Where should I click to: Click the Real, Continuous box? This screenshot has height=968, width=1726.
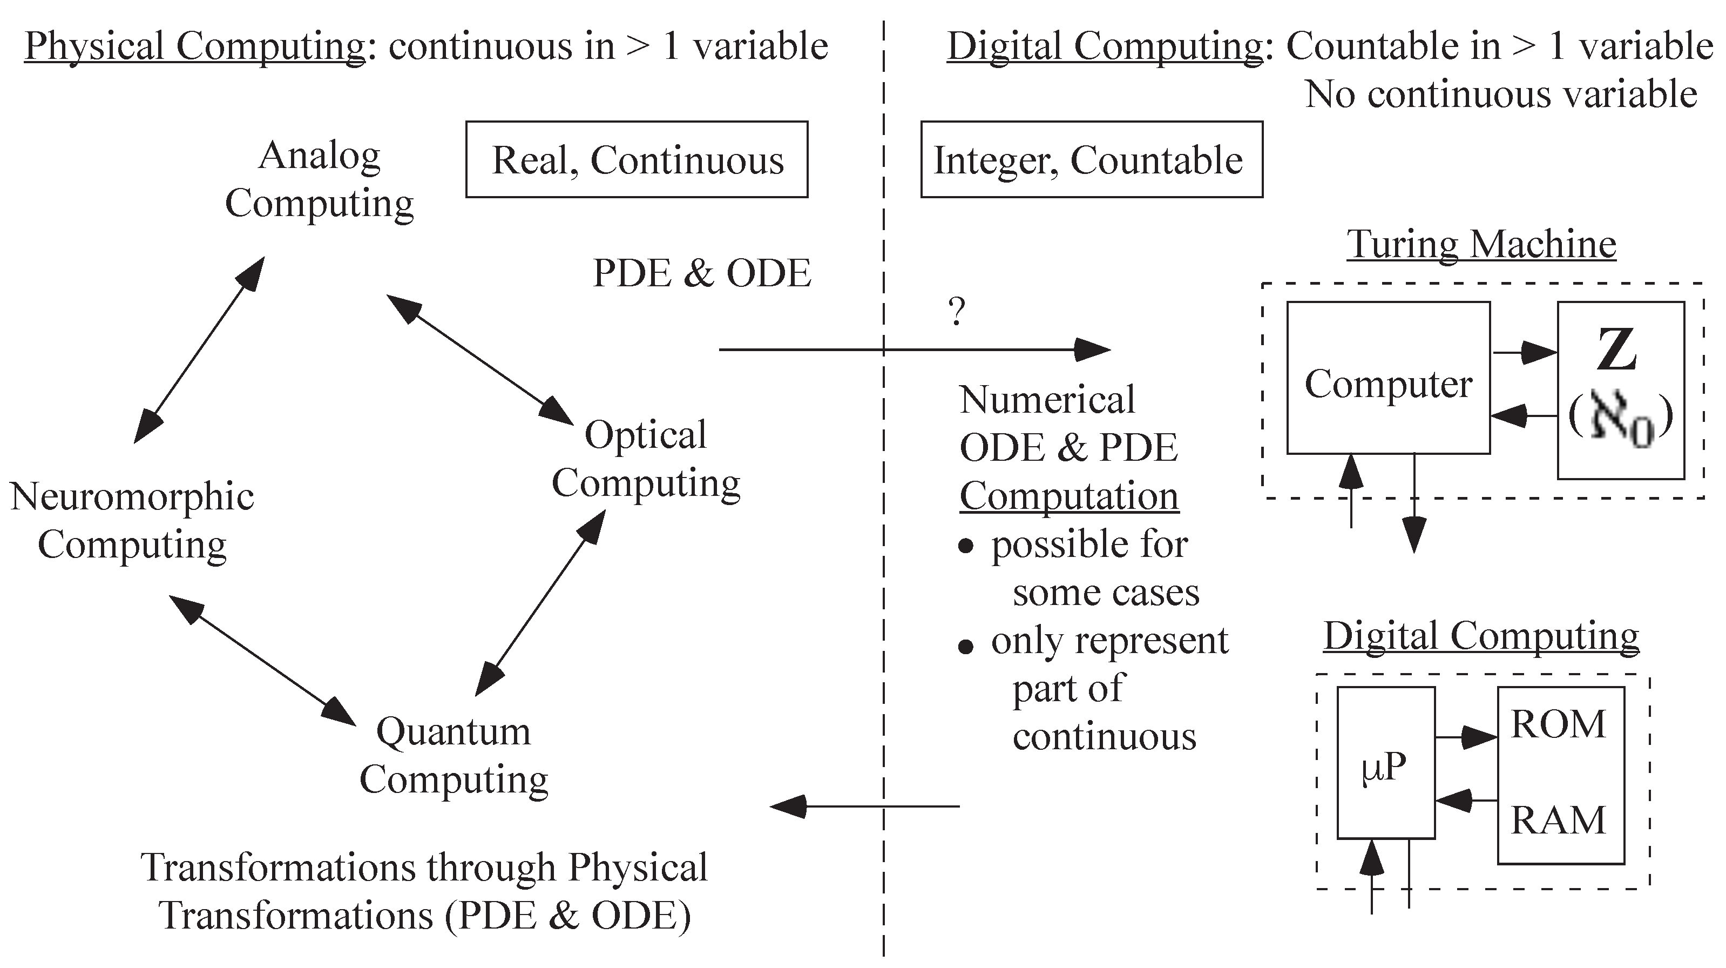pos(637,159)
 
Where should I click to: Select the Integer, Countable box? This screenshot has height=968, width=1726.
pos(1091,159)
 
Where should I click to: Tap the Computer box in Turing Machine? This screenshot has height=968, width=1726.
pos(1387,378)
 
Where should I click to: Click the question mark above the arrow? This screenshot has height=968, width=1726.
pos(957,312)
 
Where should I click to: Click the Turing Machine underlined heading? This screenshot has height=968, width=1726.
pos(1481,244)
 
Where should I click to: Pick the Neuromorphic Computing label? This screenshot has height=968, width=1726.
pos(132,520)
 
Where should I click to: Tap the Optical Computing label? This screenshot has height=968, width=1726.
pos(645,459)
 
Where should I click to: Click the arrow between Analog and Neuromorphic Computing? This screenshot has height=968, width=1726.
pos(199,351)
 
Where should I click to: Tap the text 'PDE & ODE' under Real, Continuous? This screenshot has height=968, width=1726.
pos(701,273)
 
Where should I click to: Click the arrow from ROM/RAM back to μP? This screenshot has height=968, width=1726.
pos(1466,800)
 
